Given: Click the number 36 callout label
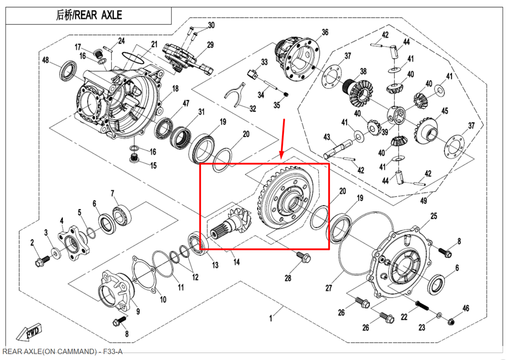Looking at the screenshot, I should pos(325,32).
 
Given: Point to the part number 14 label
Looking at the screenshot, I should pos(236,262).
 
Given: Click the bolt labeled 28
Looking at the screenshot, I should pos(304,257).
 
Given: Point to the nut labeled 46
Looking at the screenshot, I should pos(452,320).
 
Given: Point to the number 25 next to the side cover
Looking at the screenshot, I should pos(434,216).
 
